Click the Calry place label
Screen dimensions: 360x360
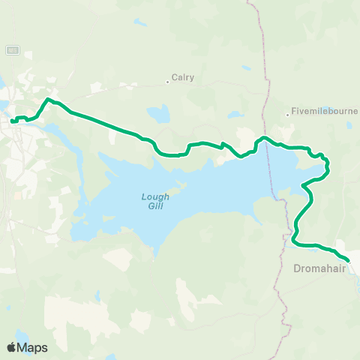click(183, 76)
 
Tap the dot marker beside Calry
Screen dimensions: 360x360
click(168, 81)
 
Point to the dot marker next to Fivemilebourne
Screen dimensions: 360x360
click(288, 115)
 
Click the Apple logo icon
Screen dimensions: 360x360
click(11, 347)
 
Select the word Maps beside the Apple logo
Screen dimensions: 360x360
click(33, 347)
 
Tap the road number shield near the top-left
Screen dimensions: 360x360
click(12, 50)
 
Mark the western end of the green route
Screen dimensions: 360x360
click(13, 120)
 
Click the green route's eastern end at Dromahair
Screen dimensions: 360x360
click(348, 260)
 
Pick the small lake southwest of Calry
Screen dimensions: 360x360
click(158, 115)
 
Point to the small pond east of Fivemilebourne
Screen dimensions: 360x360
click(349, 126)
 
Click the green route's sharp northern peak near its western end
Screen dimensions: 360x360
click(49, 99)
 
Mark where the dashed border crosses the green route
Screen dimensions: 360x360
click(264, 138)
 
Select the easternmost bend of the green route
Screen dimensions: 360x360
click(328, 168)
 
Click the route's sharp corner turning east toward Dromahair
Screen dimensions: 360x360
click(295, 241)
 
